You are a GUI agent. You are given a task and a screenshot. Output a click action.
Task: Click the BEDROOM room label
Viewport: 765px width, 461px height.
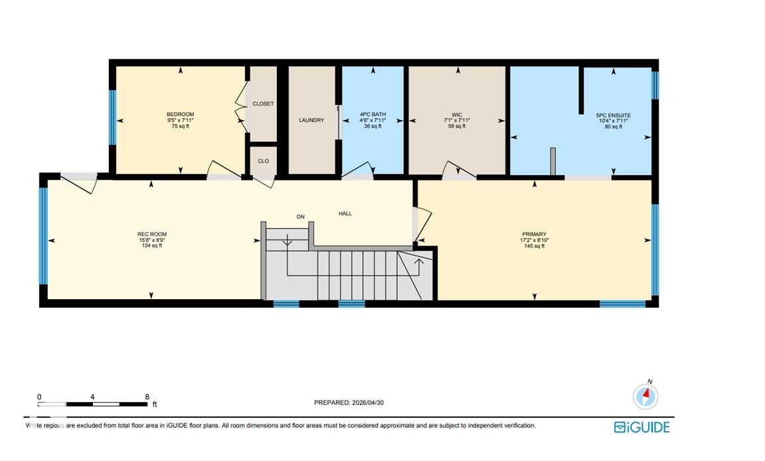pos(180,115)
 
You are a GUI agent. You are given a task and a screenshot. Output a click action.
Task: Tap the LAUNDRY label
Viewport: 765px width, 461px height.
pos(311,120)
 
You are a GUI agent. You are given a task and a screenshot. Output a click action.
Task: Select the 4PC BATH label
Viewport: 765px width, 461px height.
pos(373,115)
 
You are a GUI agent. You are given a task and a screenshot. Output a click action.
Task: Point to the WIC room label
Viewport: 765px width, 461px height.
pos(457,115)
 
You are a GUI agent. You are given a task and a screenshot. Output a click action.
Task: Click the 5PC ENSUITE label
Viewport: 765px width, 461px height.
pos(614,115)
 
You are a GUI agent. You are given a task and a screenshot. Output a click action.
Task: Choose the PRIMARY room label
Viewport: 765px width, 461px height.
pos(534,234)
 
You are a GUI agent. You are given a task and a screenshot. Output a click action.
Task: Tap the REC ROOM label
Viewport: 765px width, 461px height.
pos(151,234)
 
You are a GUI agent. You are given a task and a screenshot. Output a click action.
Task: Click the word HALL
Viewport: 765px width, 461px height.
pos(345,214)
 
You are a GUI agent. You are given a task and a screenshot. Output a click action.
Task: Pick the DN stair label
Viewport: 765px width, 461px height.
pos(301,217)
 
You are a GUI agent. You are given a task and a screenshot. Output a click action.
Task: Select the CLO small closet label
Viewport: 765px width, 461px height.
pos(263,161)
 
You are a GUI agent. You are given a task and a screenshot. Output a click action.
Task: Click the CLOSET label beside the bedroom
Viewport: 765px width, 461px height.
pos(263,103)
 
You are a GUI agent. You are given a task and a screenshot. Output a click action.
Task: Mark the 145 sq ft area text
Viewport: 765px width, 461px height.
pos(534,246)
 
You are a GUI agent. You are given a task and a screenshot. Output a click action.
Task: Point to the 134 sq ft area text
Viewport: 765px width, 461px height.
pos(151,245)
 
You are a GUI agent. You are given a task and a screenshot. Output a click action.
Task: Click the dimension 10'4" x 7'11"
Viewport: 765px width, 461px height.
pos(614,121)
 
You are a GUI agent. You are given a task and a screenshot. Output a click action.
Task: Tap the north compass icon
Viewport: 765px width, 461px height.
pos(646,396)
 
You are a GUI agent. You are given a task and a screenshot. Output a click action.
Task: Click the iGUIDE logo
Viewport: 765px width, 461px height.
pos(641,427)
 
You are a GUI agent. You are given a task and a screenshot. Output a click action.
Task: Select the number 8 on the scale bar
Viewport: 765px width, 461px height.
pos(147,397)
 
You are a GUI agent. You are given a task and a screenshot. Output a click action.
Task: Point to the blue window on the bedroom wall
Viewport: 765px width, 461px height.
pos(112,117)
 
